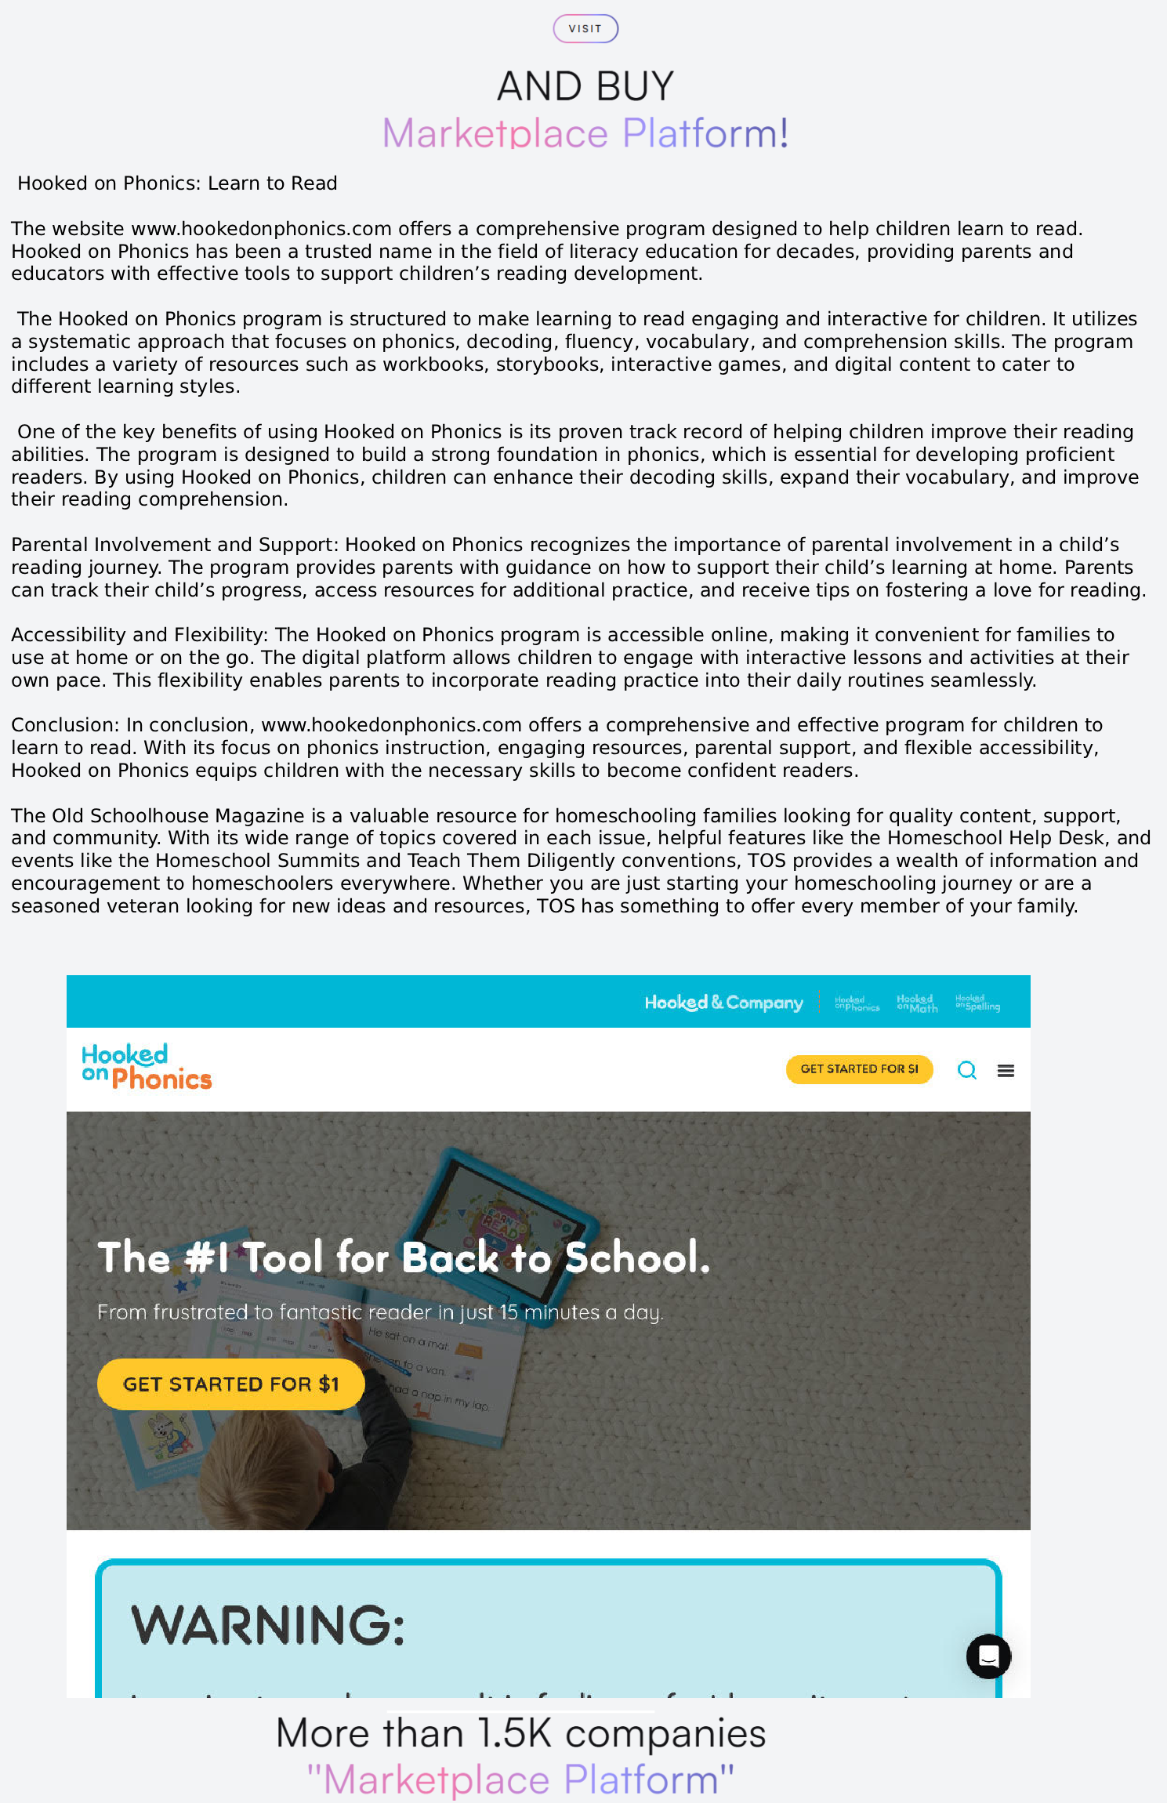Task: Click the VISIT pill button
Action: click(585, 29)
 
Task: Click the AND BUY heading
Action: click(585, 86)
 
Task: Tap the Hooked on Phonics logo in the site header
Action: click(147, 1067)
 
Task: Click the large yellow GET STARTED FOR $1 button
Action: click(230, 1384)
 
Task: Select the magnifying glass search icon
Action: click(966, 1070)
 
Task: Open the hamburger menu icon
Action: click(1006, 1071)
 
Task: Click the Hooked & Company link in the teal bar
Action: click(723, 1003)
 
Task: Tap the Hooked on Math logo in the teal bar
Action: click(917, 1003)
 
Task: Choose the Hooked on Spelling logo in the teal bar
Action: click(977, 1003)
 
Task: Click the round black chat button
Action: click(988, 1656)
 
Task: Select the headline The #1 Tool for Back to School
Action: click(404, 1257)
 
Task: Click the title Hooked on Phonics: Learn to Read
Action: click(177, 183)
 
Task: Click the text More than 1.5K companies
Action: click(520, 1734)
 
